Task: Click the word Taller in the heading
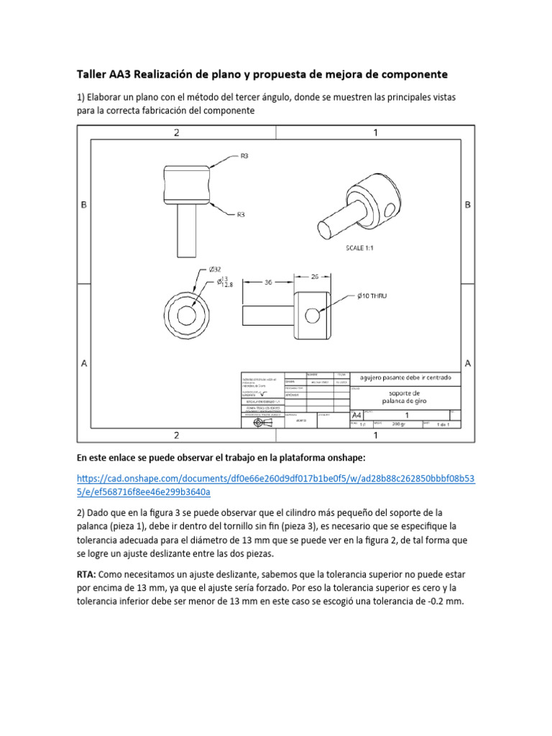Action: click(x=93, y=74)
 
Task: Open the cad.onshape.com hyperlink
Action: click(x=275, y=486)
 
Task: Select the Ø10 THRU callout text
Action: click(x=372, y=295)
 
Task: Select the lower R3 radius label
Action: click(x=242, y=213)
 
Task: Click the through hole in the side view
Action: click(x=312, y=315)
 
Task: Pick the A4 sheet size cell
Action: click(x=356, y=415)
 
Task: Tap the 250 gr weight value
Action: click(x=399, y=424)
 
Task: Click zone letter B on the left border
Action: click(x=84, y=205)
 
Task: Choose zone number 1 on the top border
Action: click(x=375, y=132)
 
